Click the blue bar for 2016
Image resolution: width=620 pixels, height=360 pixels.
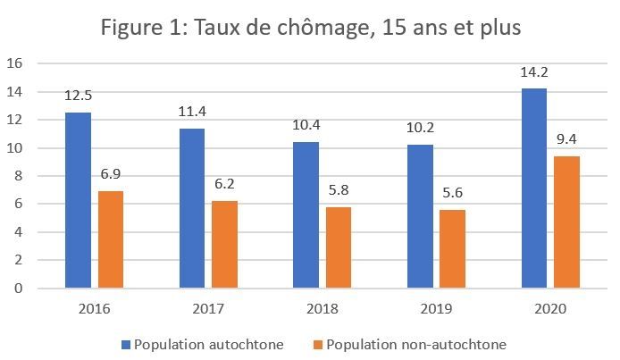click(x=78, y=200)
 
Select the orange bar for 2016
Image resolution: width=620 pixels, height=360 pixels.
click(x=111, y=239)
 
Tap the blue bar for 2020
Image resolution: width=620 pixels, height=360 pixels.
click(x=533, y=188)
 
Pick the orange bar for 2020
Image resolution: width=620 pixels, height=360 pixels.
click(x=566, y=222)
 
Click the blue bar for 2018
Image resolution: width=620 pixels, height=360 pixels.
click(x=306, y=215)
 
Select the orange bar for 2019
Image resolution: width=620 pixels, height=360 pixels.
click(x=452, y=249)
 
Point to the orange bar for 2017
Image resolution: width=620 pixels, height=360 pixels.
click(x=225, y=245)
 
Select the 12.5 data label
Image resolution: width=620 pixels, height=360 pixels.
click(x=78, y=96)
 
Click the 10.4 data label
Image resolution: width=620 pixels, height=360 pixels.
click(x=306, y=125)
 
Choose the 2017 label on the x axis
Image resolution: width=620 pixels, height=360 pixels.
click(x=208, y=309)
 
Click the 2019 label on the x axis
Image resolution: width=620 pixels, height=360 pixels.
click(x=436, y=309)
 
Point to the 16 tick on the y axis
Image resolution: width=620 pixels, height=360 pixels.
click(x=13, y=63)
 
